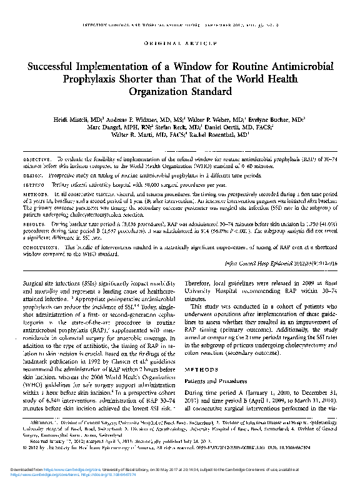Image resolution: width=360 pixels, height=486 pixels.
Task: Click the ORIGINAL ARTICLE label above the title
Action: [x=179, y=44]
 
